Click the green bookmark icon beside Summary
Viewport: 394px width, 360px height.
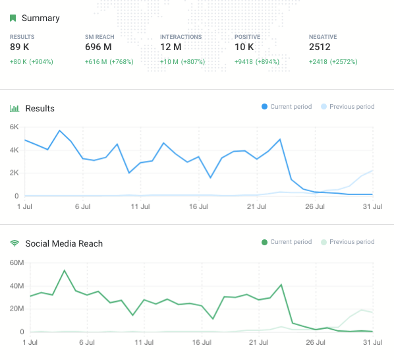[x=13, y=18]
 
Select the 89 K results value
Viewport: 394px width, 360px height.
[x=20, y=47]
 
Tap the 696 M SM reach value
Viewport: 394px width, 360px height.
[x=99, y=47]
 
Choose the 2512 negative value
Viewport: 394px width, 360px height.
[x=320, y=47]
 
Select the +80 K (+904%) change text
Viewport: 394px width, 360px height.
[x=31, y=62]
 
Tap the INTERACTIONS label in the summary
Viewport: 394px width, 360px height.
[x=181, y=37]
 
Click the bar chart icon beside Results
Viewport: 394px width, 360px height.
[x=13, y=108]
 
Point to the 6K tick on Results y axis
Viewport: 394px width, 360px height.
[x=14, y=127]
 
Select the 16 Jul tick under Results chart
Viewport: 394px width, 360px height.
[x=199, y=206]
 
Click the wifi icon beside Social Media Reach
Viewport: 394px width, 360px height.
[x=13, y=243]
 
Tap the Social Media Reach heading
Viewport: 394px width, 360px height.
[x=64, y=243]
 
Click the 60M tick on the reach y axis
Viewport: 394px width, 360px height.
[x=16, y=262]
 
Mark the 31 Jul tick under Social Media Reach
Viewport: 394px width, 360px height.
[x=373, y=343]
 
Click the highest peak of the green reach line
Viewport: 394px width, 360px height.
[x=64, y=270]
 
